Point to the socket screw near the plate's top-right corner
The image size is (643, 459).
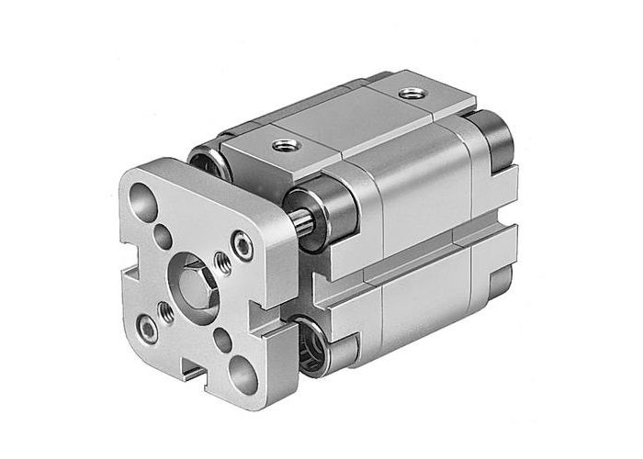tap(242, 243)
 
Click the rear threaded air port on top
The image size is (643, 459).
tap(407, 94)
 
